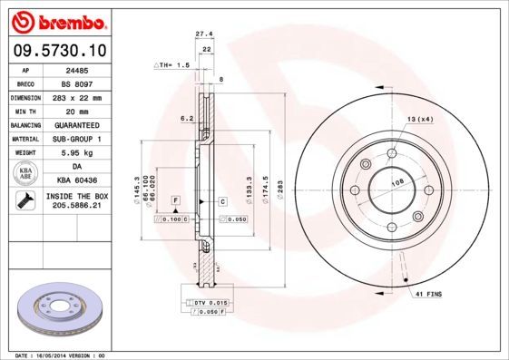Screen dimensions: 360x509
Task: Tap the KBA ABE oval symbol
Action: click(x=26, y=174)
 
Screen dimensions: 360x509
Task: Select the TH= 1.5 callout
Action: click(x=172, y=65)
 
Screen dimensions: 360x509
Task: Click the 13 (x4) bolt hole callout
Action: click(x=418, y=120)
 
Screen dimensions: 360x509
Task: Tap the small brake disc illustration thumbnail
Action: click(x=60, y=310)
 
